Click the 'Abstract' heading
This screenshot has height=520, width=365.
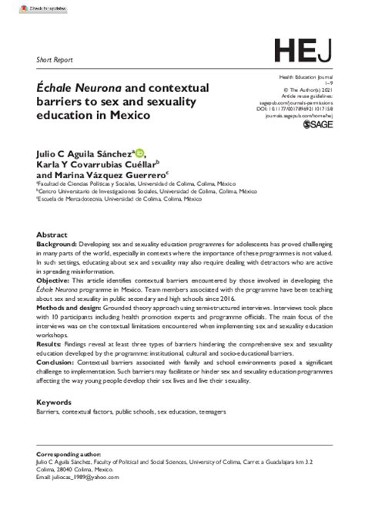56,233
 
